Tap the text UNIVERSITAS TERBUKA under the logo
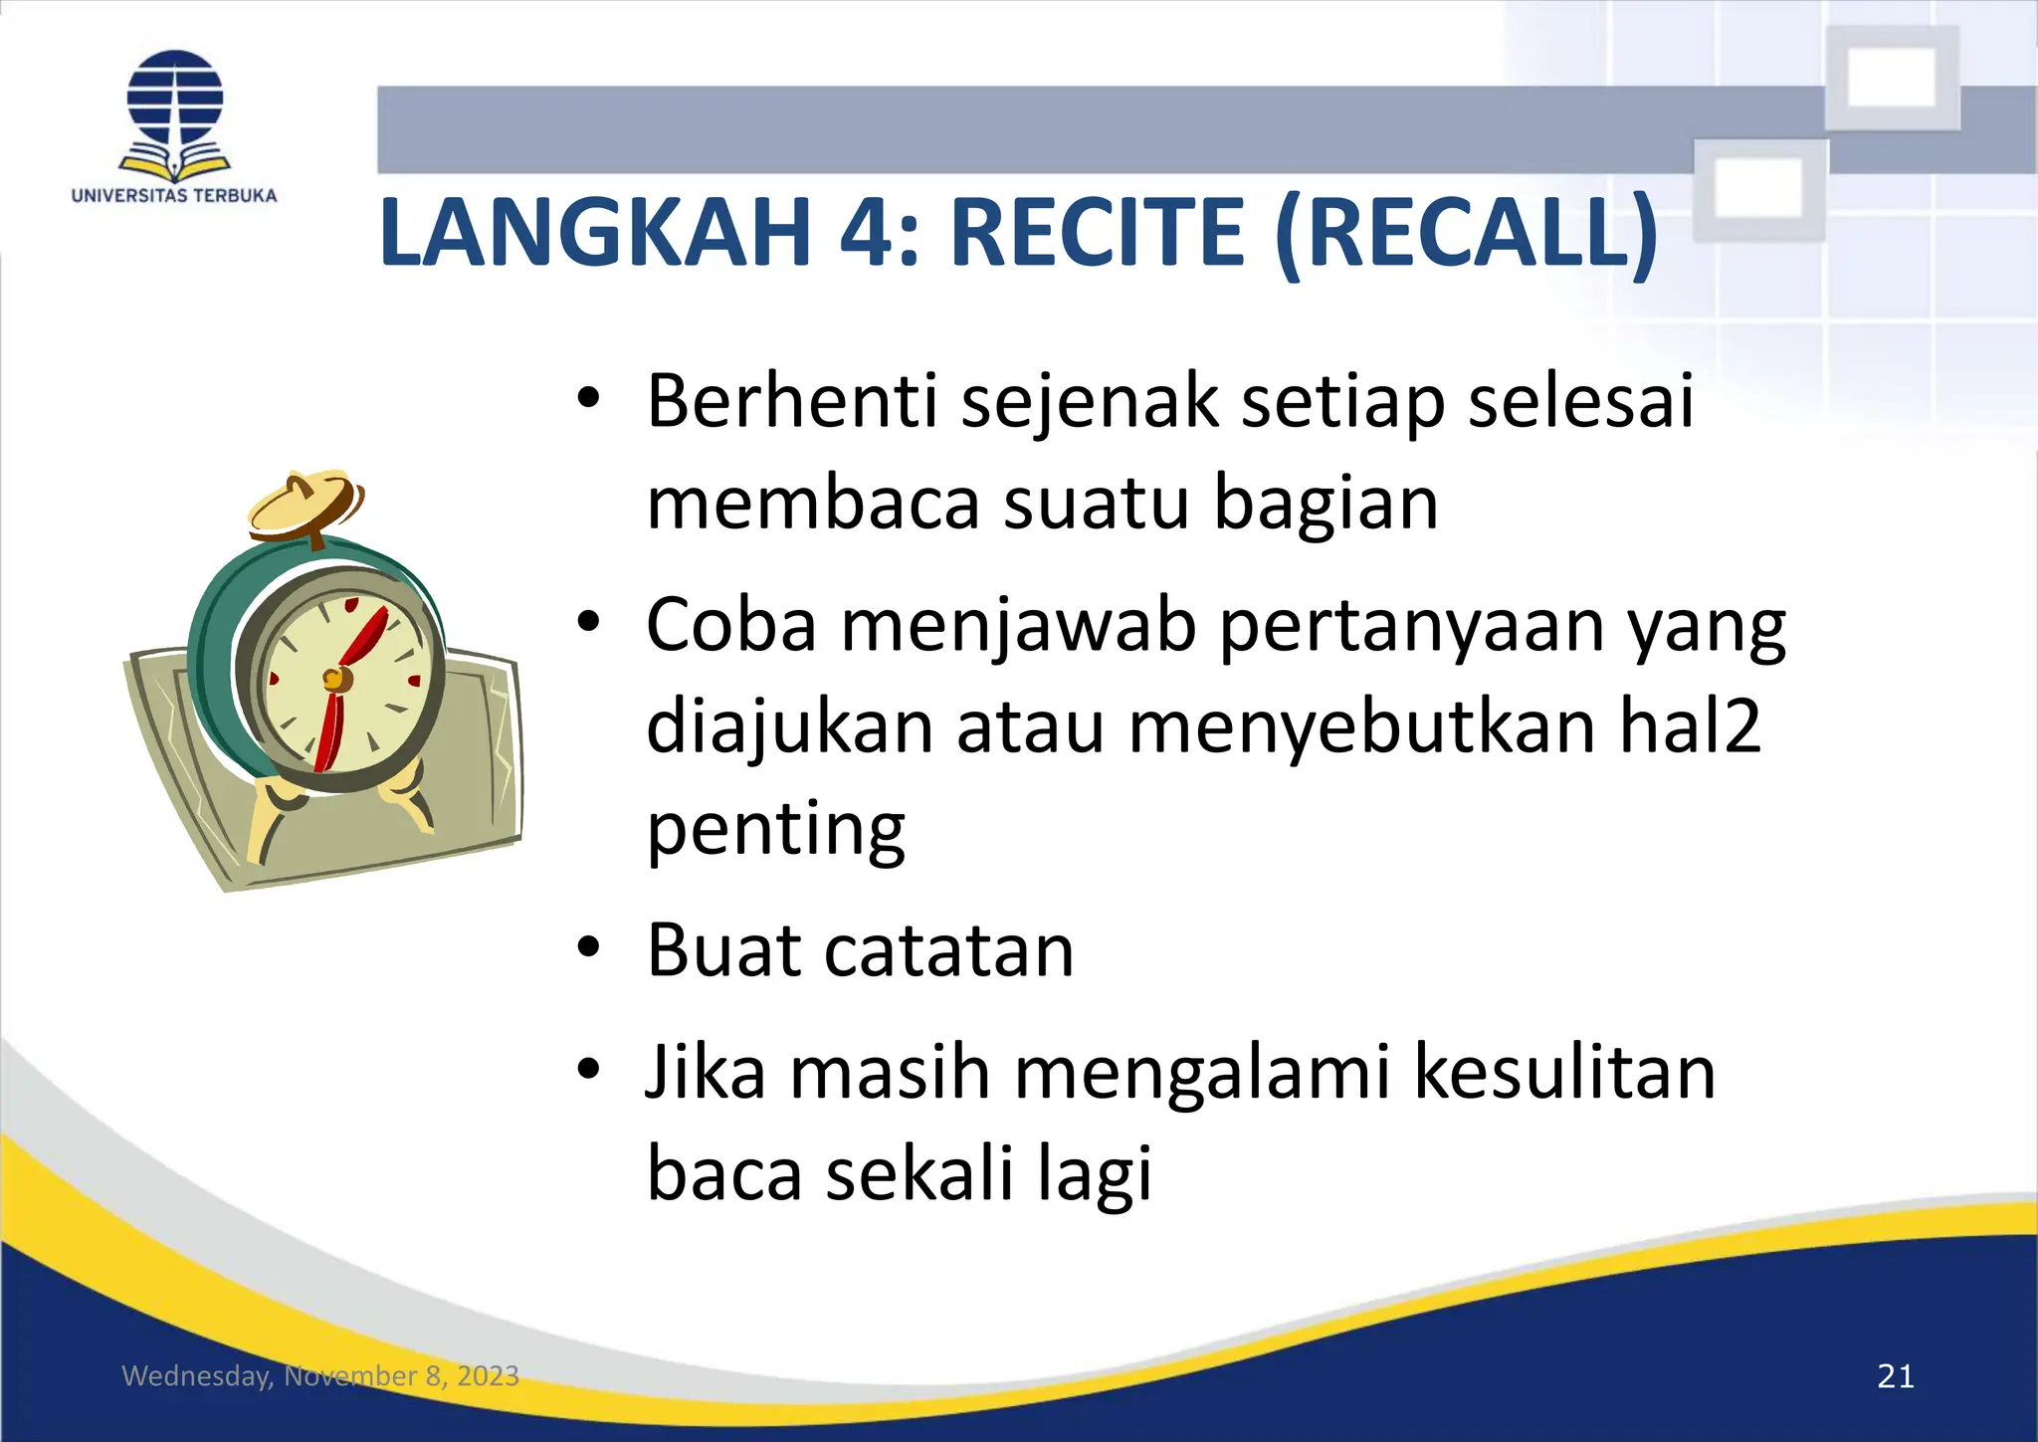174,196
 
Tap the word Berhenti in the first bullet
792,401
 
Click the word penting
776,830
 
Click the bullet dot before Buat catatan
588,946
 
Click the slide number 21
1895,1376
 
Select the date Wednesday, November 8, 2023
320,1376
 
